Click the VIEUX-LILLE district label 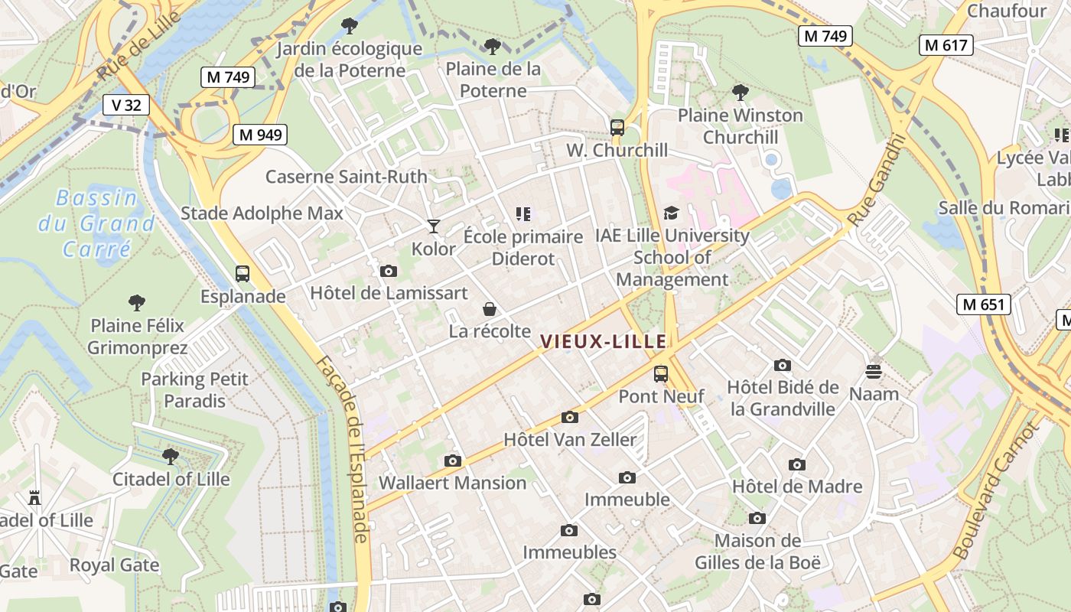(604, 342)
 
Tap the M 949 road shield (260, 135)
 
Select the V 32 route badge (126, 105)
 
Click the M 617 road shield (946, 45)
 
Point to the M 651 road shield (984, 304)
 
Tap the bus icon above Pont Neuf (661, 374)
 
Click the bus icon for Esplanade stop (243, 274)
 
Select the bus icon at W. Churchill (617, 128)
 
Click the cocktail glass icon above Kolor (434, 226)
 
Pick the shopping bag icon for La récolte (490, 309)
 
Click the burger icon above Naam (874, 372)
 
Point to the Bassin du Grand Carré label (96, 223)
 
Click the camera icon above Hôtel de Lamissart (389, 271)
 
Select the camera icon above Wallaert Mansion (453, 461)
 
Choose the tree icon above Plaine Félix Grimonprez (137, 303)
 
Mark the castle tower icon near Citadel (34, 498)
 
